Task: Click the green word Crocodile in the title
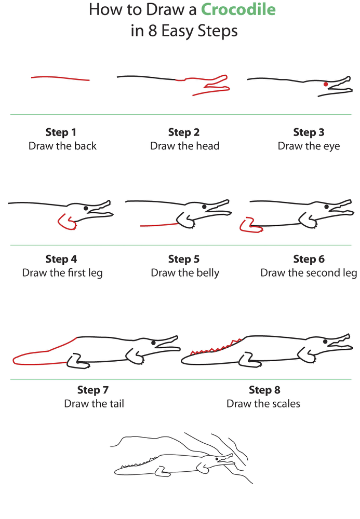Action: (238, 9)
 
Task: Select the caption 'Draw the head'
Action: (185, 146)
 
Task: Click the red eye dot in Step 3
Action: (326, 84)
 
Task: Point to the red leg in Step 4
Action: (65, 222)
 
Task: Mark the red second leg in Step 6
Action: (246, 225)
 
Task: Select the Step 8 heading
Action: (264, 390)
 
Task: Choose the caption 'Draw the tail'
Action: (94, 403)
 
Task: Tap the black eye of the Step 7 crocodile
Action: (153, 343)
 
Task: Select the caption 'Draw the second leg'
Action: (309, 272)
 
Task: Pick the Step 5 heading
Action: (184, 259)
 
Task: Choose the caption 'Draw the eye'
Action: (309, 146)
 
